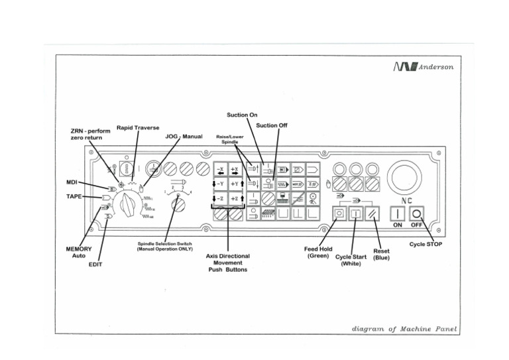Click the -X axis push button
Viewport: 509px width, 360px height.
click(x=219, y=168)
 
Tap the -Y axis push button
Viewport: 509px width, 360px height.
click(x=219, y=183)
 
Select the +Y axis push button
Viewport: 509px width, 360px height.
click(x=235, y=183)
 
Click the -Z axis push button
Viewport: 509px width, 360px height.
click(x=219, y=198)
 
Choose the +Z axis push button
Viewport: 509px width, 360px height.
click(x=235, y=198)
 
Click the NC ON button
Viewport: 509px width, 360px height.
click(x=396, y=213)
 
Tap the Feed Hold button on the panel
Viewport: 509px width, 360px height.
click(x=339, y=213)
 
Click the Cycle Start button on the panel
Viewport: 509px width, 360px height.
click(x=355, y=213)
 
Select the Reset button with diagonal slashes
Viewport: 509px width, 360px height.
click(x=372, y=213)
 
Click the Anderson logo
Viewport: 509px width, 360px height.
click(x=424, y=67)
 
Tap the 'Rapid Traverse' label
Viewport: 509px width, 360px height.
click(x=138, y=127)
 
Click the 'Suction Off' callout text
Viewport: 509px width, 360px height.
click(x=271, y=125)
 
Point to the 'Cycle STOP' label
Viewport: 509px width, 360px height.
click(x=425, y=244)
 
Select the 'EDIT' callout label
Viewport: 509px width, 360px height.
click(x=95, y=264)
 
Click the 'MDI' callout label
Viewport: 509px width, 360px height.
click(x=72, y=181)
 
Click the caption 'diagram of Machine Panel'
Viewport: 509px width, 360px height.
click(x=404, y=329)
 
